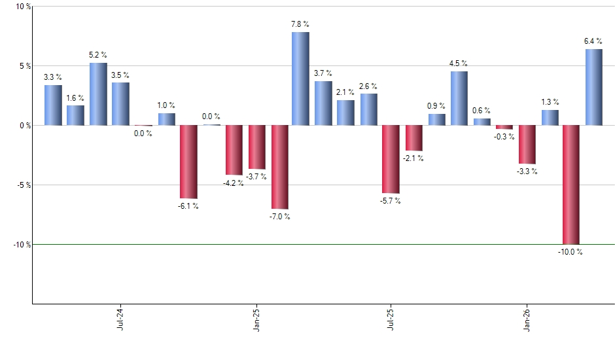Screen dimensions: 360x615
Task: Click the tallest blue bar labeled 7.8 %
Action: [300, 79]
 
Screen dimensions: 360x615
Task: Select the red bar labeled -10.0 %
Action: [571, 185]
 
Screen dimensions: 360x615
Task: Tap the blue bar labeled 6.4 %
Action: [593, 87]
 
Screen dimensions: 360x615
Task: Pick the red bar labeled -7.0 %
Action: [280, 167]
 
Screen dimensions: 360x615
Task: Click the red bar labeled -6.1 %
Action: [188, 162]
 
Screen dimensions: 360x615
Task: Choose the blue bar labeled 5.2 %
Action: [98, 94]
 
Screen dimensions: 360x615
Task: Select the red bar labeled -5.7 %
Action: [391, 159]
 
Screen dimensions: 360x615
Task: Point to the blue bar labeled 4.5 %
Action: [459, 98]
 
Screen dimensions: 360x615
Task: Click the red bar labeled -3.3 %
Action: [527, 145]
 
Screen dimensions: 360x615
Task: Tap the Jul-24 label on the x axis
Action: [120, 319]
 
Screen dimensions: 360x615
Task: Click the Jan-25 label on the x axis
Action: [256, 319]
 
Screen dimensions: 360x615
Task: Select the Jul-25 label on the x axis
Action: [391, 319]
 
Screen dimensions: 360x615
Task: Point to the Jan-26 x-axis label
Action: [527, 319]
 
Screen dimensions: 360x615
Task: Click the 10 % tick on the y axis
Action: [23, 7]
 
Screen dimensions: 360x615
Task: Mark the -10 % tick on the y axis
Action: [21, 244]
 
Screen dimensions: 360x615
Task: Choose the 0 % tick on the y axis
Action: [25, 125]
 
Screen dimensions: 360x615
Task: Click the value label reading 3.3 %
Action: [53, 77]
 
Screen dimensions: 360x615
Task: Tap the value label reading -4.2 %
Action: [234, 183]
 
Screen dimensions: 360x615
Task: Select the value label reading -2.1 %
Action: [413, 158]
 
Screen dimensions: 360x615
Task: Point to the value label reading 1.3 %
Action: [550, 101]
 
